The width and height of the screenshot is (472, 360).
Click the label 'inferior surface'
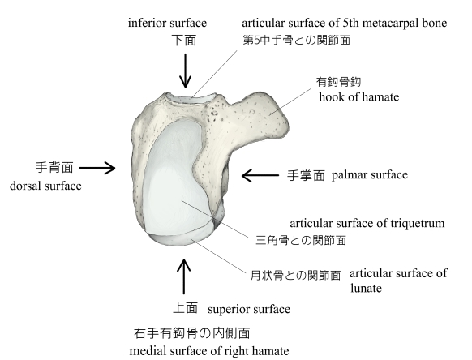[x=167, y=24]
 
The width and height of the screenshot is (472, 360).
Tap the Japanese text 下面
[x=184, y=40]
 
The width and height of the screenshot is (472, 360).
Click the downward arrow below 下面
[x=185, y=71]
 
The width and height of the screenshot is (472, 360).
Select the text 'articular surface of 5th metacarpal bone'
[x=345, y=23]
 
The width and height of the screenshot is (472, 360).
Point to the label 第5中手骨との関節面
[x=297, y=40]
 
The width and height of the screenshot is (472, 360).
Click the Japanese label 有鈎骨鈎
[x=338, y=82]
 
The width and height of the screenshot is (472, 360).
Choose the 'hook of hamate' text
[x=359, y=97]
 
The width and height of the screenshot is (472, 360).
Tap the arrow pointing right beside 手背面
[x=97, y=168]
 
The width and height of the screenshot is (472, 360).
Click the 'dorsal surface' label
[x=45, y=186]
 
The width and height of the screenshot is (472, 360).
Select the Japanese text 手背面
[x=54, y=167]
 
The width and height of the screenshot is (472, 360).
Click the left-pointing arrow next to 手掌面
[x=260, y=175]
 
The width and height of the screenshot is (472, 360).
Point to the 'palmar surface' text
[x=370, y=175]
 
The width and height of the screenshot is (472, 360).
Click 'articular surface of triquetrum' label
[x=367, y=223]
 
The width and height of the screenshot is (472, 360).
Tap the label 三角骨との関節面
[x=301, y=240]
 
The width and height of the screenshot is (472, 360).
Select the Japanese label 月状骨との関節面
[x=295, y=275]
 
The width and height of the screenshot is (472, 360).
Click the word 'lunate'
[x=366, y=289]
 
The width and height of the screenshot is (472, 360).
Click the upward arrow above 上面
[x=183, y=276]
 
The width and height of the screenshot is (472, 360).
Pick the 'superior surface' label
[x=249, y=309]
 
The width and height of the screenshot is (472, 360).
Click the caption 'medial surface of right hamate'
[x=209, y=351]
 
